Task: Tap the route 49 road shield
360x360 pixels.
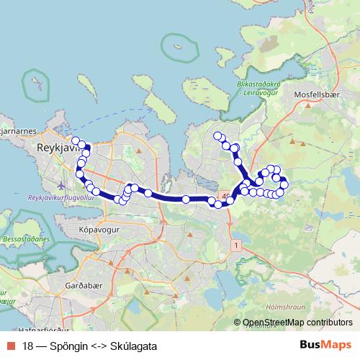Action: coord(227,195)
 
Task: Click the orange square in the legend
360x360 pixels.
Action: coord(9,345)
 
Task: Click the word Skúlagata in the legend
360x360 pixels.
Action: coord(133,345)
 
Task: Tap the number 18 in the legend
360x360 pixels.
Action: coord(28,345)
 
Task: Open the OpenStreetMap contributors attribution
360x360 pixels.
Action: coord(297,323)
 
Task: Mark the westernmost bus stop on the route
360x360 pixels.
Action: coord(74,140)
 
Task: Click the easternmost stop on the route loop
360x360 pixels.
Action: coord(284,184)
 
